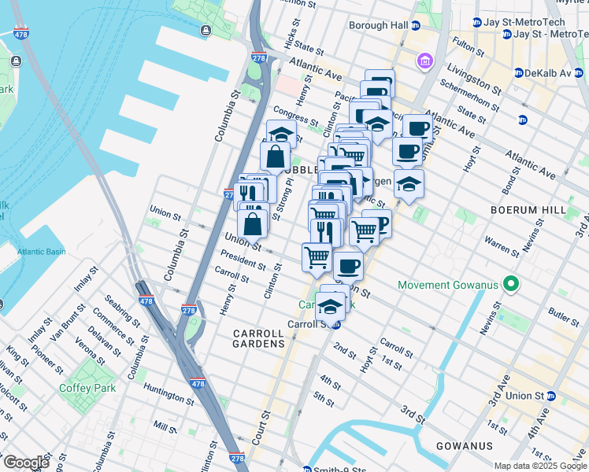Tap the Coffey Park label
[87, 388]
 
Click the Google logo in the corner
[25, 463]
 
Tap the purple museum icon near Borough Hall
[424, 61]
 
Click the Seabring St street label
[117, 308]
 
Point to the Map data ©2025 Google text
[539, 466]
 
